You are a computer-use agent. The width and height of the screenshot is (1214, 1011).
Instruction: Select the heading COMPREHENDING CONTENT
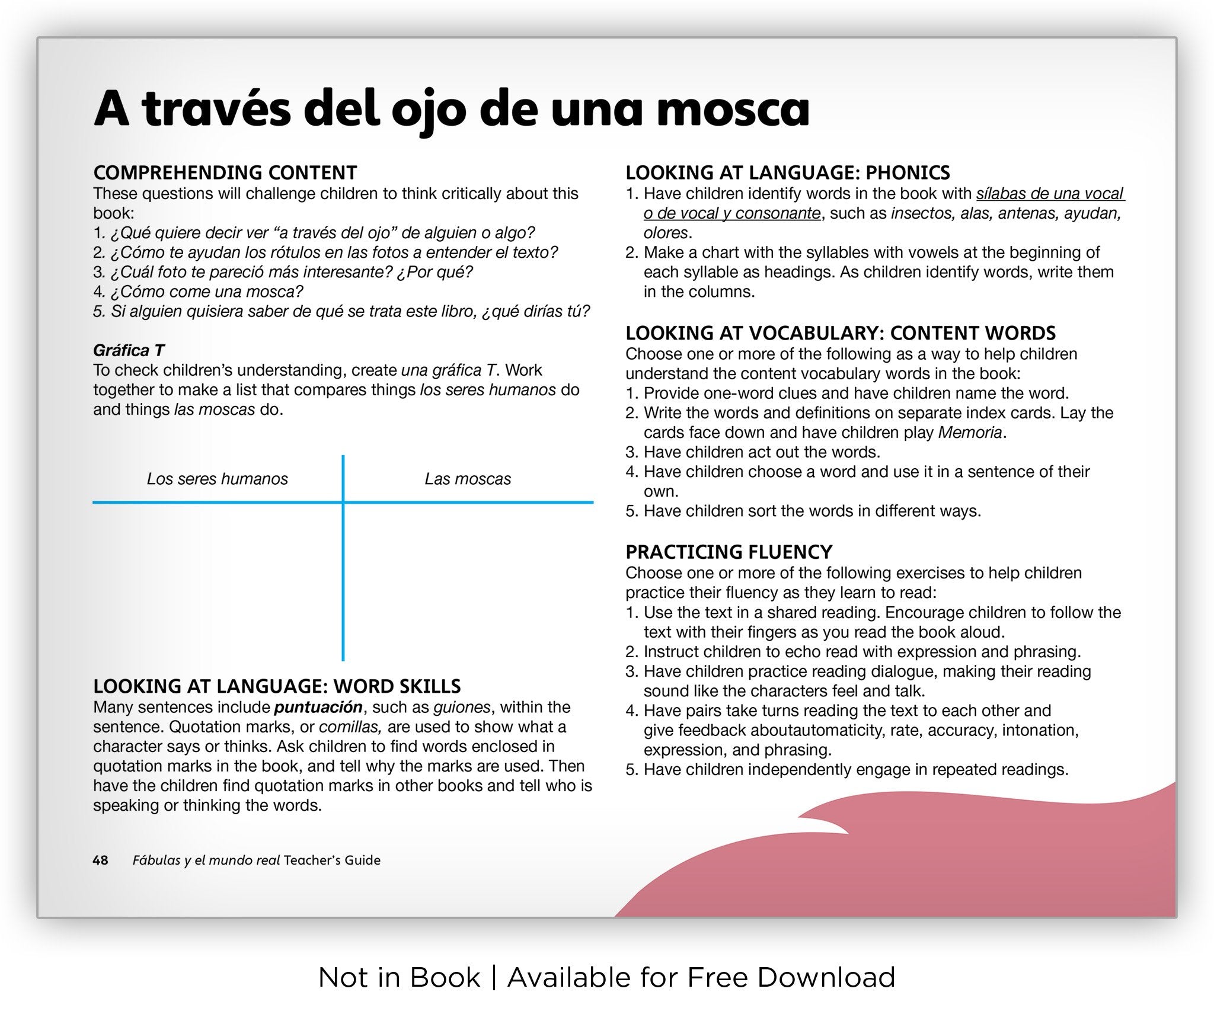tap(225, 172)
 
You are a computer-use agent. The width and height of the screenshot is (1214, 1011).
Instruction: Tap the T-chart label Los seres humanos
tap(217, 479)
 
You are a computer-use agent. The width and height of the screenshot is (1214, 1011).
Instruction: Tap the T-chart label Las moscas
tap(468, 479)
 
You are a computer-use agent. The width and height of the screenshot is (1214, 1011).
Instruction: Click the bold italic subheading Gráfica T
tap(129, 350)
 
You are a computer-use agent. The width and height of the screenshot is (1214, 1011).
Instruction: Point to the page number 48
tap(100, 860)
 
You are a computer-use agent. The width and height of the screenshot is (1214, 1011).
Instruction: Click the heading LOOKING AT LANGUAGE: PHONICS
tap(787, 172)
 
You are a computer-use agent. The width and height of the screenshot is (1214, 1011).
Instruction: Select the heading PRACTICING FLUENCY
tap(729, 552)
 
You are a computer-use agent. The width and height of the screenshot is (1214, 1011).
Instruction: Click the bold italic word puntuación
tap(318, 707)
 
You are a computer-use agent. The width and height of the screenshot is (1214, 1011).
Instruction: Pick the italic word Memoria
tap(970, 433)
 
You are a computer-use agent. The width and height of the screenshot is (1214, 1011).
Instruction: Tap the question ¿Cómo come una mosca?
tap(206, 292)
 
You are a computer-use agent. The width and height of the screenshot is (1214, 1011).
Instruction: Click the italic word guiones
tap(462, 707)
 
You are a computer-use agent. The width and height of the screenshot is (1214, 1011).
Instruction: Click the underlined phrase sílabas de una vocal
tap(1050, 194)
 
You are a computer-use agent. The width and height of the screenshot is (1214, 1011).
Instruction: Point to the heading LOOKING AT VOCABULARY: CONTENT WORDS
tap(841, 333)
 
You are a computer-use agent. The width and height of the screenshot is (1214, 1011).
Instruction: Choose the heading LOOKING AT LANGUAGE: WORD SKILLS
tap(277, 686)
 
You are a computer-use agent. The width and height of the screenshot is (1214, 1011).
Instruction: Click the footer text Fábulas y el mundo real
tap(206, 860)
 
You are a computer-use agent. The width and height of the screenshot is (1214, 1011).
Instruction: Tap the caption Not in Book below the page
tap(399, 978)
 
